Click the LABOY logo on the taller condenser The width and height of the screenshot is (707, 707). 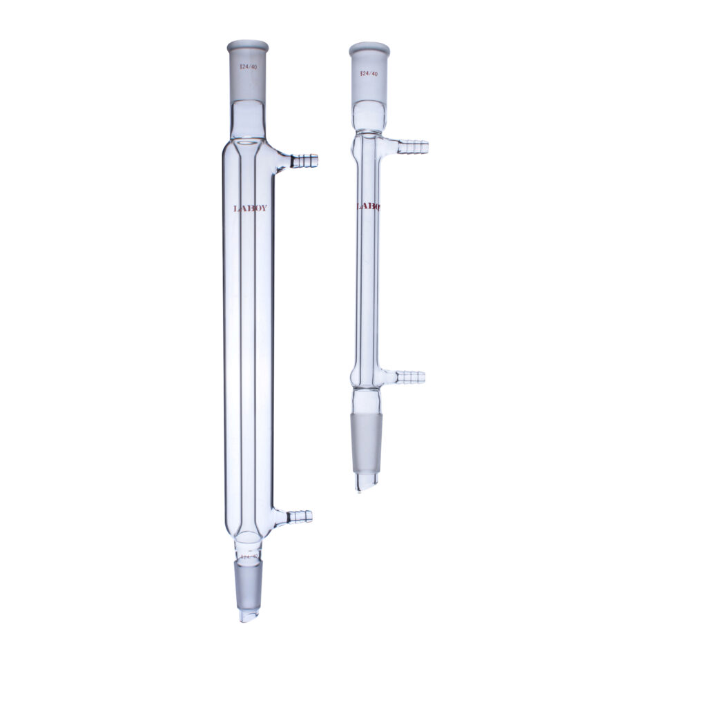(x=249, y=208)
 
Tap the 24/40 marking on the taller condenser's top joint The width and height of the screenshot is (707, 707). (x=248, y=68)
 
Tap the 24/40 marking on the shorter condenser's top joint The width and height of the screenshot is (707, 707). (x=369, y=73)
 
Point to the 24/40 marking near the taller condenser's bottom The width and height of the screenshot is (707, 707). (x=249, y=555)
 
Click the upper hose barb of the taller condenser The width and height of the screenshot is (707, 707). (x=304, y=161)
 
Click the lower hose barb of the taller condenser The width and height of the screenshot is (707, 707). (x=300, y=516)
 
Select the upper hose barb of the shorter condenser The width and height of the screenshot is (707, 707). (x=413, y=146)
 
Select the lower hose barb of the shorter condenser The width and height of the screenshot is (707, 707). (x=410, y=377)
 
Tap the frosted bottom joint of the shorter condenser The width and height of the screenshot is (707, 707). (x=367, y=442)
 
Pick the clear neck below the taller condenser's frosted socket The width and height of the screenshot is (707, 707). (x=248, y=118)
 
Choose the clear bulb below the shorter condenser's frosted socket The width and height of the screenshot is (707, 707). (x=368, y=116)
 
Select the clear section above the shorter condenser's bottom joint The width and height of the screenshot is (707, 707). (x=367, y=400)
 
